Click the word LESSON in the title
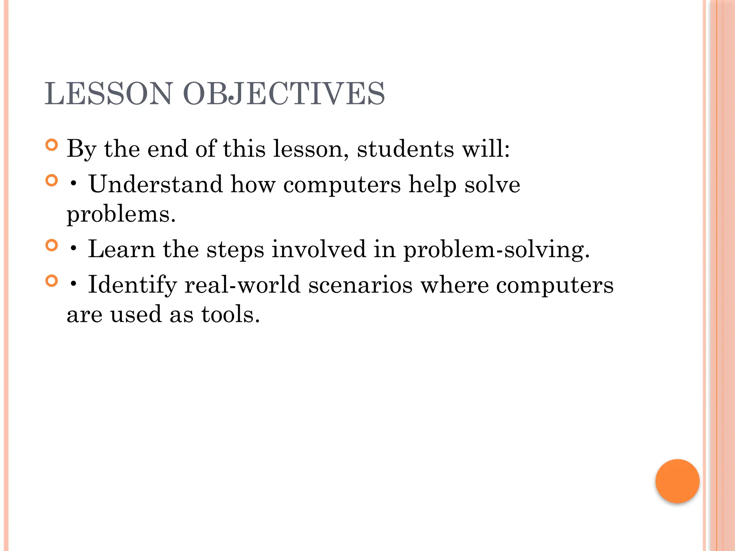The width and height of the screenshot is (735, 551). click(x=108, y=94)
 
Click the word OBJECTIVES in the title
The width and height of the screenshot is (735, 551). click(x=284, y=94)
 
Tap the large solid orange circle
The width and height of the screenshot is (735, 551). click(x=677, y=481)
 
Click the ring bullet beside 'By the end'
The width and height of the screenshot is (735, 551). click(x=52, y=145)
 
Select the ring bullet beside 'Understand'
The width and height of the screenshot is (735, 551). click(x=52, y=180)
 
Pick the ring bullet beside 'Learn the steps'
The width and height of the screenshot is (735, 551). click(x=52, y=245)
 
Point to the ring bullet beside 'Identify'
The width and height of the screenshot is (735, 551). click(x=52, y=281)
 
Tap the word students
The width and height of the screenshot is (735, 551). click(x=405, y=149)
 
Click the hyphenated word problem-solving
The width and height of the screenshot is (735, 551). click(x=496, y=249)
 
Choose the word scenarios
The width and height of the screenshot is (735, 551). click(x=360, y=285)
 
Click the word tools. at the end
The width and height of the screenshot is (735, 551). click(x=230, y=314)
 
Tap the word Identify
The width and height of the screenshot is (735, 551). click(x=132, y=285)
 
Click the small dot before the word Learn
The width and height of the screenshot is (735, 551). click(x=74, y=249)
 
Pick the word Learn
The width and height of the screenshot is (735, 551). click(x=121, y=249)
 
